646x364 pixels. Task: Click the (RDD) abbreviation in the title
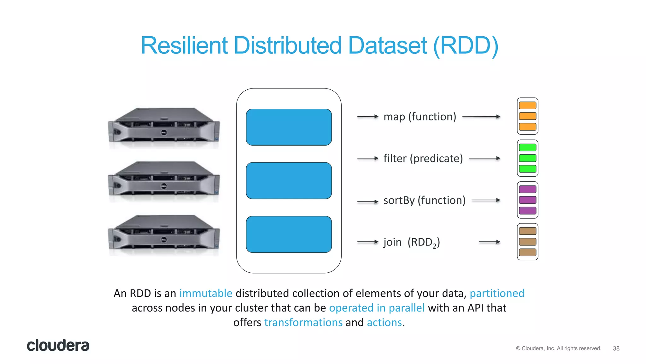tap(466, 46)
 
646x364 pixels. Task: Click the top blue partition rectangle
tap(289, 127)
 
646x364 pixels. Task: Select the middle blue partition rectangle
tap(289, 181)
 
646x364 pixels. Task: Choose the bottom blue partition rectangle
tap(289, 234)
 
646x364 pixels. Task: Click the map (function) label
tap(420, 117)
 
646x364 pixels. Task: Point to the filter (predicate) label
tap(423, 158)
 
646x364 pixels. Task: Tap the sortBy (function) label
tap(424, 200)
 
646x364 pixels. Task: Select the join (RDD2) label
tap(411, 242)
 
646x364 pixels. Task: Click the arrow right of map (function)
tap(481, 117)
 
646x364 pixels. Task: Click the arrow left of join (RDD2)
tap(367, 242)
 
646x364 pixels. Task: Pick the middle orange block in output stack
tap(527, 116)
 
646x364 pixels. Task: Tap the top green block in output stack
tap(527, 147)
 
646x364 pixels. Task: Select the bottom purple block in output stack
tap(527, 210)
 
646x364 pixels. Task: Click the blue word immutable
tap(206, 293)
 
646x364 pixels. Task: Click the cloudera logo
tap(58, 345)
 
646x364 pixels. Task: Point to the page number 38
tap(616, 348)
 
